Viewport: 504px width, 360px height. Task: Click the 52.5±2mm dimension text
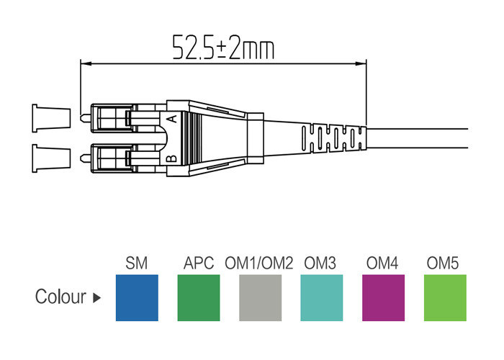[223, 46]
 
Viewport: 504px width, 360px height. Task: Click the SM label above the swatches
[137, 264]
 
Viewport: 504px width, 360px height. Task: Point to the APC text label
[199, 264]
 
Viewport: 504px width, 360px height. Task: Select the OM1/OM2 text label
[259, 264]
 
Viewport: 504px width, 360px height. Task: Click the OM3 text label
[320, 264]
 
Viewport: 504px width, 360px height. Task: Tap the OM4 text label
[383, 264]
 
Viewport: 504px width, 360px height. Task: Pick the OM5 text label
[444, 264]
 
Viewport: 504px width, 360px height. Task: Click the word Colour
[60, 297]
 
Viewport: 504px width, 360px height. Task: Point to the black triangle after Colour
[96, 297]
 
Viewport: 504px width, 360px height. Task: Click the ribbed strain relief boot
[331, 137]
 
